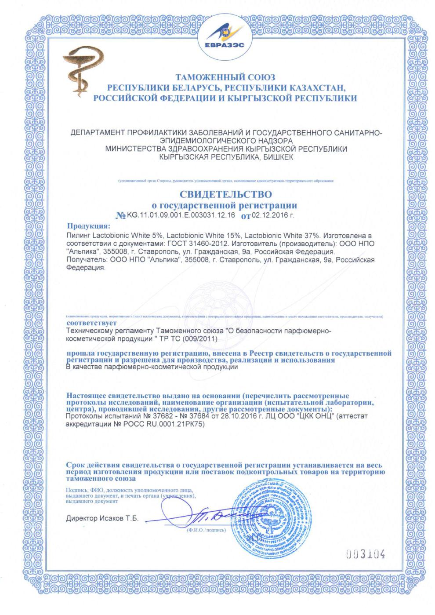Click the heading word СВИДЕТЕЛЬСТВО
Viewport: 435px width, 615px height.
coord(225,194)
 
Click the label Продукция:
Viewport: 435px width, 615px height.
coord(88,226)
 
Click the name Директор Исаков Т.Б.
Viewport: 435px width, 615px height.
coord(102,518)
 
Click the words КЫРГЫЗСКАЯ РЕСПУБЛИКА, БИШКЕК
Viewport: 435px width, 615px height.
coord(226,157)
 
